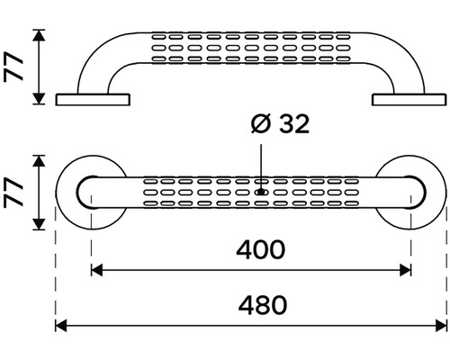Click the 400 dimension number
[x=260, y=249]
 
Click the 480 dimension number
[x=263, y=305]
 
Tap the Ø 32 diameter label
[x=280, y=124]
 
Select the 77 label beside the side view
[x=13, y=67]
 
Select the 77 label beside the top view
[x=13, y=193]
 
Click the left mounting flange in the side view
[x=93, y=100]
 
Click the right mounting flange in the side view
[x=409, y=100]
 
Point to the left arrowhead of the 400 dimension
[x=96, y=270]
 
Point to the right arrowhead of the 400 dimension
[x=405, y=270]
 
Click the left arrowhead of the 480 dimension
[x=61, y=326]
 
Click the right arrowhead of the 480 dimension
[x=441, y=326]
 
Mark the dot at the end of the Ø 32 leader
[x=261, y=192]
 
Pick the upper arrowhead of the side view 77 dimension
[x=39, y=35]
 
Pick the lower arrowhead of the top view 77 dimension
[x=39, y=224]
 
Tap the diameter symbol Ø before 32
[x=261, y=124]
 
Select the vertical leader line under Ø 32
[x=261, y=166]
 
